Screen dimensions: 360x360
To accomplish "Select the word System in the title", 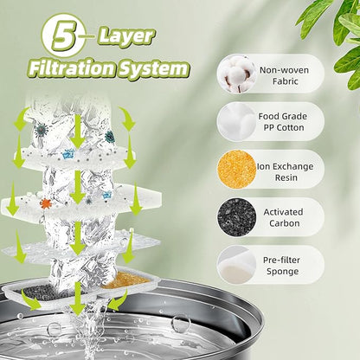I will click(x=155, y=69).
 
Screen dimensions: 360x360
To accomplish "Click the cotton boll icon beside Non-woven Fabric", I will click(x=236, y=74).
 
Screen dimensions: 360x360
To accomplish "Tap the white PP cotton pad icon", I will click(x=236, y=122).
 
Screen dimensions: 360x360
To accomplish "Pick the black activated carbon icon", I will click(x=236, y=216).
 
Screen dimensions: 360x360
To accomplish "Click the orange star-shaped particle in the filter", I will click(x=46, y=203).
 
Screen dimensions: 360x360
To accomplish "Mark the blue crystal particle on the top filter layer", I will click(x=67, y=154).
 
